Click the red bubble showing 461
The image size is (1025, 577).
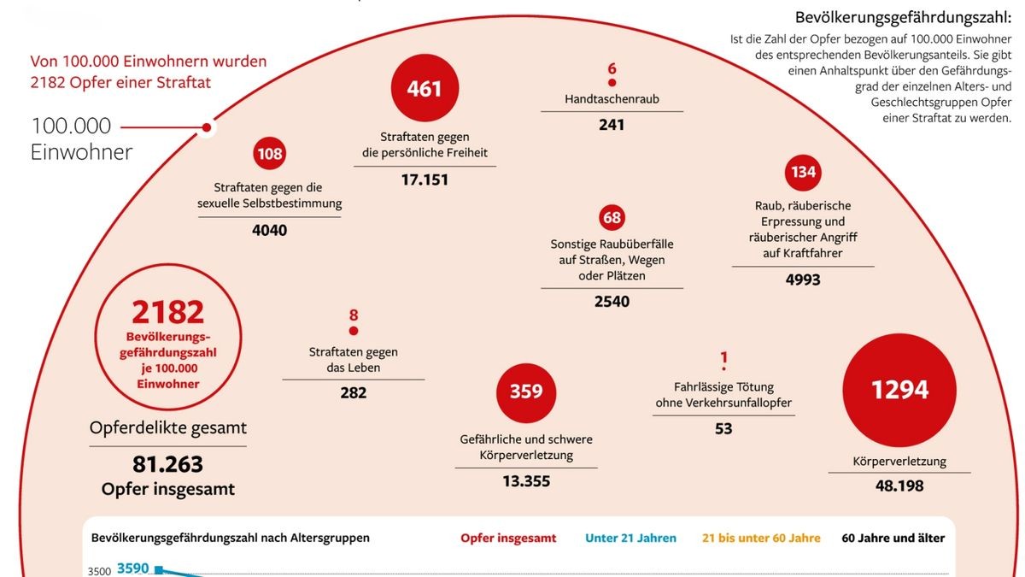pos(425,88)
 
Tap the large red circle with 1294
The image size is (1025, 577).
pos(899,390)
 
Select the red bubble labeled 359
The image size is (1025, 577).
pos(526,391)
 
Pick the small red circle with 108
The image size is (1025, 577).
pos(269,155)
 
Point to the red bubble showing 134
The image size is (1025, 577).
pos(803,172)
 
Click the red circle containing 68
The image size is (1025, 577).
pos(612,217)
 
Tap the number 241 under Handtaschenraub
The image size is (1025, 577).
pos(612,125)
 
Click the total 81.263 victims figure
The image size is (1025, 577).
pos(167,464)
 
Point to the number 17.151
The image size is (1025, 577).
pos(425,180)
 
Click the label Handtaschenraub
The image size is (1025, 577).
pos(612,99)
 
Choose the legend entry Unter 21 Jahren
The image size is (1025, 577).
pos(630,538)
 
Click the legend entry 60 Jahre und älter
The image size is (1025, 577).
pos(893,538)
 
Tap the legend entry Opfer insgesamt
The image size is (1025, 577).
pos(508,538)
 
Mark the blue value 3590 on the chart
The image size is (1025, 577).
pos(134,568)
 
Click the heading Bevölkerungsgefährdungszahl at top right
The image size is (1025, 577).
pos(903,17)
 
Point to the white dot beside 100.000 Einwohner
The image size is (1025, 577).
pos(207,128)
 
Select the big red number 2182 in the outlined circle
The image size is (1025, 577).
pos(167,312)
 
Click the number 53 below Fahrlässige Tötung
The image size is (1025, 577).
pos(723,429)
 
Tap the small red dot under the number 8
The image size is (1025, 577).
pos(354,331)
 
